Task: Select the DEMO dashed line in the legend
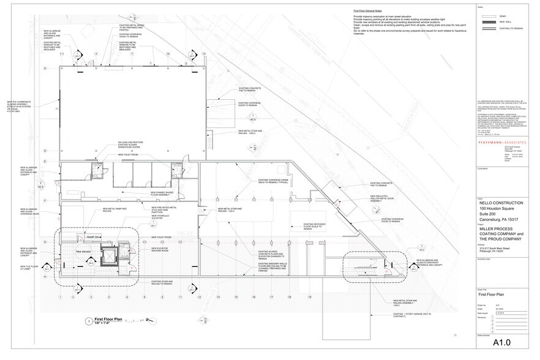pyautogui.click(x=487, y=15)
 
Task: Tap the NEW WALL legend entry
pyautogui.click(x=487, y=21)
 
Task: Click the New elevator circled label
pyautogui.click(x=83, y=251)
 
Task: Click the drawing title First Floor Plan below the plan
pyautogui.click(x=109, y=318)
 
